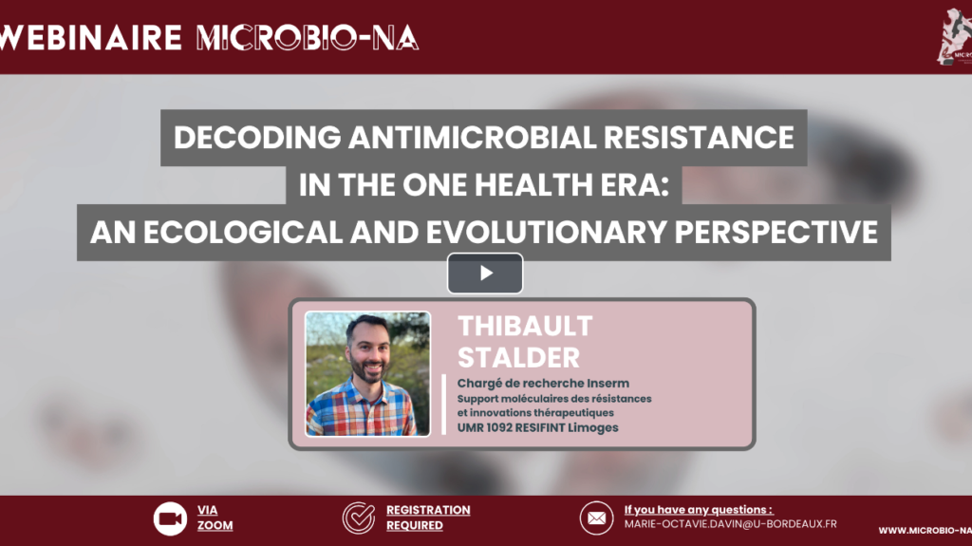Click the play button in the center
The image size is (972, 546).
pyautogui.click(x=485, y=273)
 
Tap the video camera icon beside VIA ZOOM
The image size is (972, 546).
pyautogui.click(x=170, y=518)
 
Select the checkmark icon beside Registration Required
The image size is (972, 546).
pyautogui.click(x=359, y=518)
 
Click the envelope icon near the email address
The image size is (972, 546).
pyautogui.click(x=596, y=518)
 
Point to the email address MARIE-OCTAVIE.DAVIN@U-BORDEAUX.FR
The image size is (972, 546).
pyautogui.click(x=730, y=524)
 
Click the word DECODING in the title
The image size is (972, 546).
pyautogui.click(x=257, y=137)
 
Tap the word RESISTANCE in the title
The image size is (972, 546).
pyautogui.click(x=699, y=137)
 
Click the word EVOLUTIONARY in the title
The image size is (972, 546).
pyautogui.click(x=546, y=232)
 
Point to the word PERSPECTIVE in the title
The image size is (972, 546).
pyautogui.click(x=776, y=232)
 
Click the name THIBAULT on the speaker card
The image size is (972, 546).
pyautogui.click(x=525, y=327)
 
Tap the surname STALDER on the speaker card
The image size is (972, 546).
pyautogui.click(x=519, y=358)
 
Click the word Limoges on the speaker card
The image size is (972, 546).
pyautogui.click(x=593, y=427)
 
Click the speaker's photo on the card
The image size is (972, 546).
pyautogui.click(x=367, y=374)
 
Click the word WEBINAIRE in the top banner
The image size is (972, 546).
pyautogui.click(x=90, y=39)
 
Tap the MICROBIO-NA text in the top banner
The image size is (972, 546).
pyautogui.click(x=308, y=39)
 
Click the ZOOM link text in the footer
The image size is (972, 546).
pyautogui.click(x=215, y=525)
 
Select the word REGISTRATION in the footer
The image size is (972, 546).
pyautogui.click(x=428, y=510)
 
